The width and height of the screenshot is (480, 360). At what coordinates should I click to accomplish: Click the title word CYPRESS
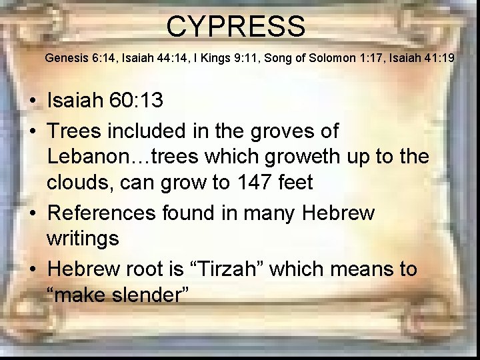click(x=236, y=27)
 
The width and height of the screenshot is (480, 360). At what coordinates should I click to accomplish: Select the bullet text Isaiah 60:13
click(x=104, y=101)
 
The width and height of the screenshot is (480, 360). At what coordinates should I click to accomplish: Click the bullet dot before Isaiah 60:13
click(x=32, y=101)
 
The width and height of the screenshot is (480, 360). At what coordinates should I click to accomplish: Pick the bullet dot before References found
click(x=32, y=214)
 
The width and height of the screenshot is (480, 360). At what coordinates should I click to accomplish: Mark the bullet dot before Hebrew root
click(x=32, y=270)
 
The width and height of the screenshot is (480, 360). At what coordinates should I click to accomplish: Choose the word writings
click(x=83, y=238)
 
